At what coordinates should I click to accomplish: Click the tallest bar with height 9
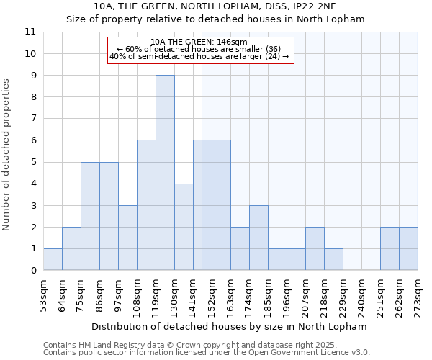[165, 173]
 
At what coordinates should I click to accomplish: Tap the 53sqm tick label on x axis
[44, 292]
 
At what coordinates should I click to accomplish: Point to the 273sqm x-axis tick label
[418, 292]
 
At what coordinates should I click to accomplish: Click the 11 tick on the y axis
[30, 32]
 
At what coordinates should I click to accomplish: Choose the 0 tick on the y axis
[33, 271]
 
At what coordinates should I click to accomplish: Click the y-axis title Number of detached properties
[7, 155]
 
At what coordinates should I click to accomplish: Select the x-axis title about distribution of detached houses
[230, 326]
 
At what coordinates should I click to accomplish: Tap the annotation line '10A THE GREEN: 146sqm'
[200, 42]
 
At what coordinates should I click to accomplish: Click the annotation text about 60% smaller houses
[199, 49]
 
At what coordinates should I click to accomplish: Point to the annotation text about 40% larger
[199, 56]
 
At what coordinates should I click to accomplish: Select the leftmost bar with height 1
[53, 259]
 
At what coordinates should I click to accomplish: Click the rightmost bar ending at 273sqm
[408, 248]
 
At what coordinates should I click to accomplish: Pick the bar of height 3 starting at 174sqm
[258, 238]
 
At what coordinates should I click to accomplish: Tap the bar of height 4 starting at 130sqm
[184, 227]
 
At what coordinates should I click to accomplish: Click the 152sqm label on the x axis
[212, 292]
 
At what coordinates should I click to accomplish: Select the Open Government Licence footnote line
[206, 353]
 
